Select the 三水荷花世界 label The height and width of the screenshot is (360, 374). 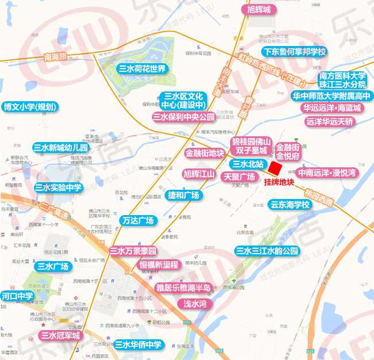coord(142,69)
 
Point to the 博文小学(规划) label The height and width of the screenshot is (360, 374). coord(30,106)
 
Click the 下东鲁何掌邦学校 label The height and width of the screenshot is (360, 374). coord(294,52)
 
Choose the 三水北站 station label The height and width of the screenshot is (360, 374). coord(247,164)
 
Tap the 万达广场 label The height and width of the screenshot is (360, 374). coord(138,220)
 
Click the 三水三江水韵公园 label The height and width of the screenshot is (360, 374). coord(268,251)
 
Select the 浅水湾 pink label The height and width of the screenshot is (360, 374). coord(195,303)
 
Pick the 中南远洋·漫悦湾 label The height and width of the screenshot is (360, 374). coord(327,173)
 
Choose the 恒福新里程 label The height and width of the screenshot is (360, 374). coord(159,265)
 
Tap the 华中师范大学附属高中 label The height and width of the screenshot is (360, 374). coord(331,95)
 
